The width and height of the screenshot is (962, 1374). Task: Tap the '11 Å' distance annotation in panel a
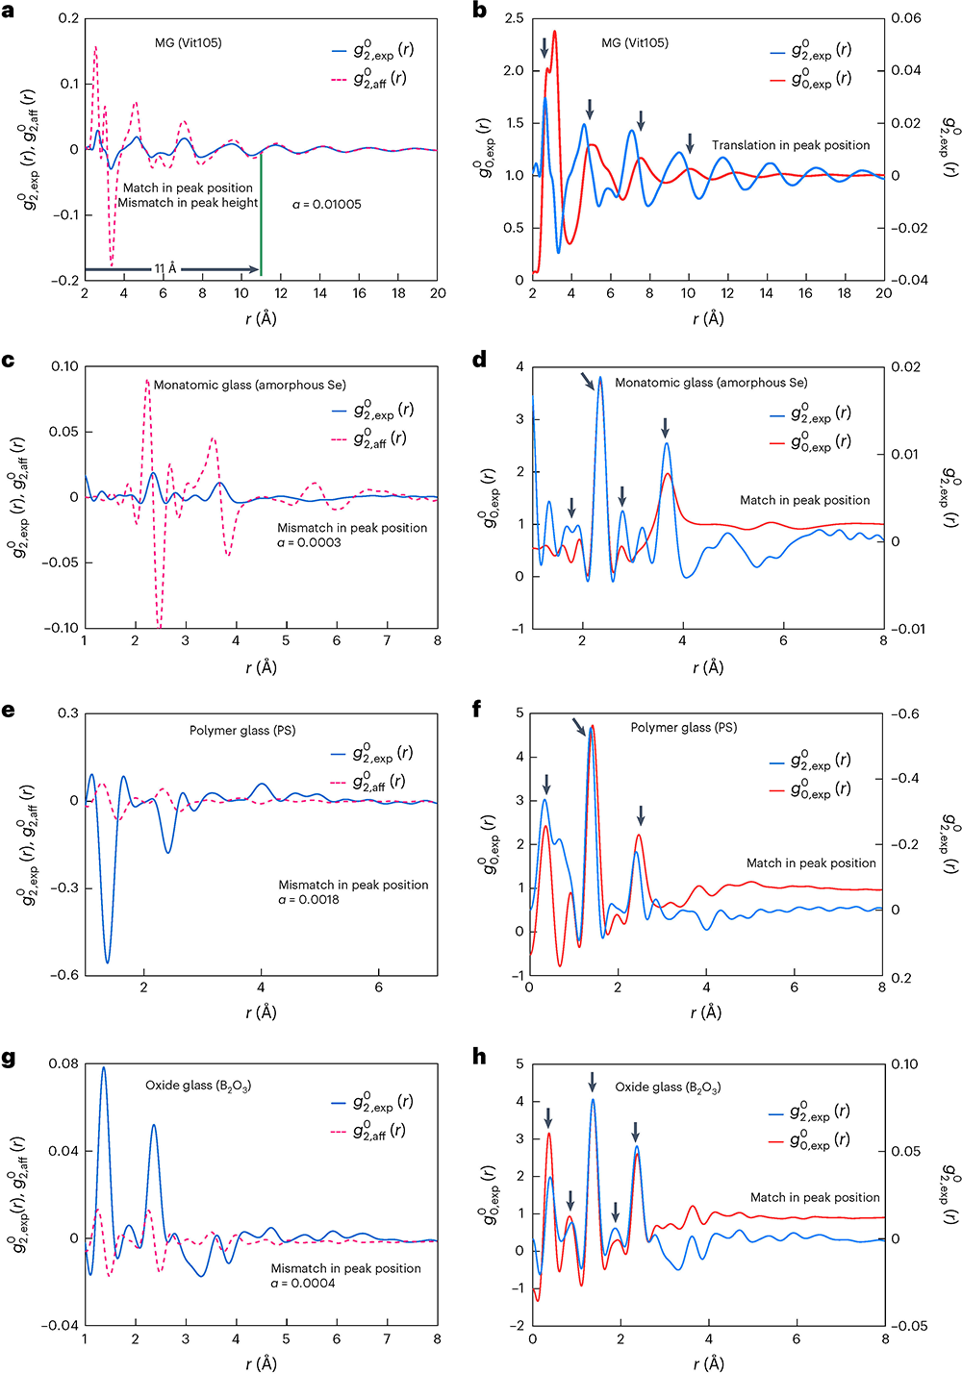pyautogui.click(x=165, y=269)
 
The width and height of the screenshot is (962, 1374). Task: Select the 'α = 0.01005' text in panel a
pyautogui.click(x=327, y=205)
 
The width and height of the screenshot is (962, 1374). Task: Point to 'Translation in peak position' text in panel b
pyautogui.click(x=791, y=145)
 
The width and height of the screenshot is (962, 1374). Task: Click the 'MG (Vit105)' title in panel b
pyautogui.click(x=634, y=43)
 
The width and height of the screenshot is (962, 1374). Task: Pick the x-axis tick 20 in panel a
pyautogui.click(x=438, y=293)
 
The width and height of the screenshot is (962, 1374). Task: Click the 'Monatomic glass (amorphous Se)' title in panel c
pyautogui.click(x=249, y=385)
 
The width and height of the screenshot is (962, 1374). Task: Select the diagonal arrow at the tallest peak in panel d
pyautogui.click(x=589, y=382)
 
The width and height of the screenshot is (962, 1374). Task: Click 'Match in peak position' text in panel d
pyautogui.click(x=804, y=500)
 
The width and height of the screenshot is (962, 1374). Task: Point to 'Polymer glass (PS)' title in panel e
pyautogui.click(x=242, y=731)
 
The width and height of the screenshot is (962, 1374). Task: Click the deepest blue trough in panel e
pyautogui.click(x=108, y=962)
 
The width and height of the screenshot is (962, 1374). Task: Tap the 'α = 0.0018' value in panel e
pyautogui.click(x=309, y=900)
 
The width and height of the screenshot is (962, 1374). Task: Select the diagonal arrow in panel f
pyautogui.click(x=579, y=727)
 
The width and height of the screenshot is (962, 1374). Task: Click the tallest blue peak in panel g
pyautogui.click(x=103, y=1067)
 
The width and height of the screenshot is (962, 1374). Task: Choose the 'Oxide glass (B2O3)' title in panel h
pyautogui.click(x=668, y=1087)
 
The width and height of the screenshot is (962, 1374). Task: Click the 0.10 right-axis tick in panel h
pyautogui.click(x=904, y=1064)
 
